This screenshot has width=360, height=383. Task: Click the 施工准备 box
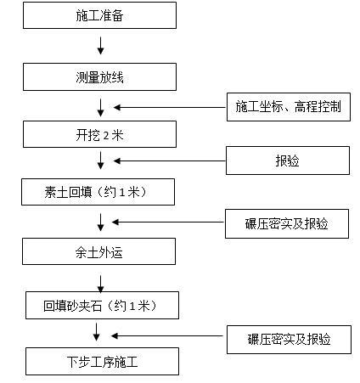pyautogui.click(x=100, y=16)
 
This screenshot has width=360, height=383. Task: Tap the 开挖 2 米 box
pyautogui.click(x=100, y=134)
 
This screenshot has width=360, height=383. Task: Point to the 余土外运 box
pyautogui.click(x=100, y=251)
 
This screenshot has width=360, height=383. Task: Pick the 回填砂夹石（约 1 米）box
pyautogui.click(x=101, y=305)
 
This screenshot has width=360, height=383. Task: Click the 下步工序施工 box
pyautogui.click(x=102, y=362)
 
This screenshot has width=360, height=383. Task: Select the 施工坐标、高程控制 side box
pyautogui.click(x=288, y=106)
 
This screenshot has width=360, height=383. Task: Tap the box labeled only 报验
pyautogui.click(x=288, y=160)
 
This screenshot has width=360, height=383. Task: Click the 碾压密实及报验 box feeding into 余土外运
pyautogui.click(x=288, y=223)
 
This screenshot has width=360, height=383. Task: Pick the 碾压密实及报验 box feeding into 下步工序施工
pyautogui.click(x=288, y=340)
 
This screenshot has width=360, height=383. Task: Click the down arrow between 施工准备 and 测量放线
pyautogui.click(x=101, y=45)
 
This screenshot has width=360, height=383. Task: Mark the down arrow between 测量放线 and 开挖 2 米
pyautogui.click(x=101, y=106)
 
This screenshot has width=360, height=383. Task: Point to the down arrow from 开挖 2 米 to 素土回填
pyautogui.click(x=101, y=161)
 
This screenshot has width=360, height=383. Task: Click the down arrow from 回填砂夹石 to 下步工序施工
pyautogui.click(x=101, y=333)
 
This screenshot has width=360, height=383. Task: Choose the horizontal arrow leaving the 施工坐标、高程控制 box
pyautogui.click(x=170, y=107)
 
